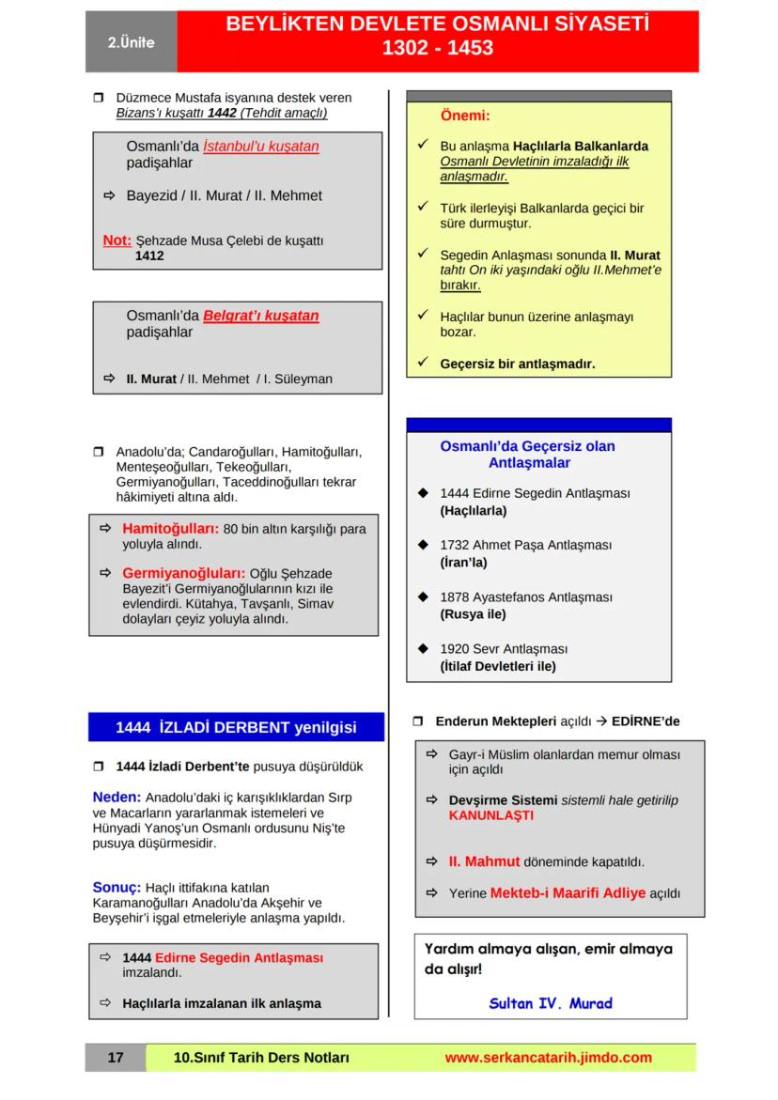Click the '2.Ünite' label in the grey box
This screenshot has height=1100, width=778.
tap(131, 43)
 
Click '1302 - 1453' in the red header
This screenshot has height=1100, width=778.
tap(437, 48)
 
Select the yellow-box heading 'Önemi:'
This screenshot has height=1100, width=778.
tap(465, 116)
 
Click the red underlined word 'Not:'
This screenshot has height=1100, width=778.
tap(117, 240)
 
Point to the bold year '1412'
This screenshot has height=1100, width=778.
tap(149, 256)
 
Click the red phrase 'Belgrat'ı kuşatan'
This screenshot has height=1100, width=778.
tap(261, 316)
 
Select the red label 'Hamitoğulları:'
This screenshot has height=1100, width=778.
tap(171, 529)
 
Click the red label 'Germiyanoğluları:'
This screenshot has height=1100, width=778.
tap(184, 573)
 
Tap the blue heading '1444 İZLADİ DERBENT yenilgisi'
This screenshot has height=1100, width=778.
tap(236, 727)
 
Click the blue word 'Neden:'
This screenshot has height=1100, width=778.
tap(117, 797)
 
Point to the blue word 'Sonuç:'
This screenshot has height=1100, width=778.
tap(117, 887)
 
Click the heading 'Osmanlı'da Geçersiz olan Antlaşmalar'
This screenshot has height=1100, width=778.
tap(527, 455)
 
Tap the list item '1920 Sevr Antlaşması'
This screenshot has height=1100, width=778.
tap(504, 649)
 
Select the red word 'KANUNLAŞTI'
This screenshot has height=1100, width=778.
tap(490, 816)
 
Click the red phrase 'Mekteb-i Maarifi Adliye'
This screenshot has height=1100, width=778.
tap(568, 893)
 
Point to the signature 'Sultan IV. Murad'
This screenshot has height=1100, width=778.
tap(551, 1003)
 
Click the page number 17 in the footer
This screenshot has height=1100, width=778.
tap(116, 1058)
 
